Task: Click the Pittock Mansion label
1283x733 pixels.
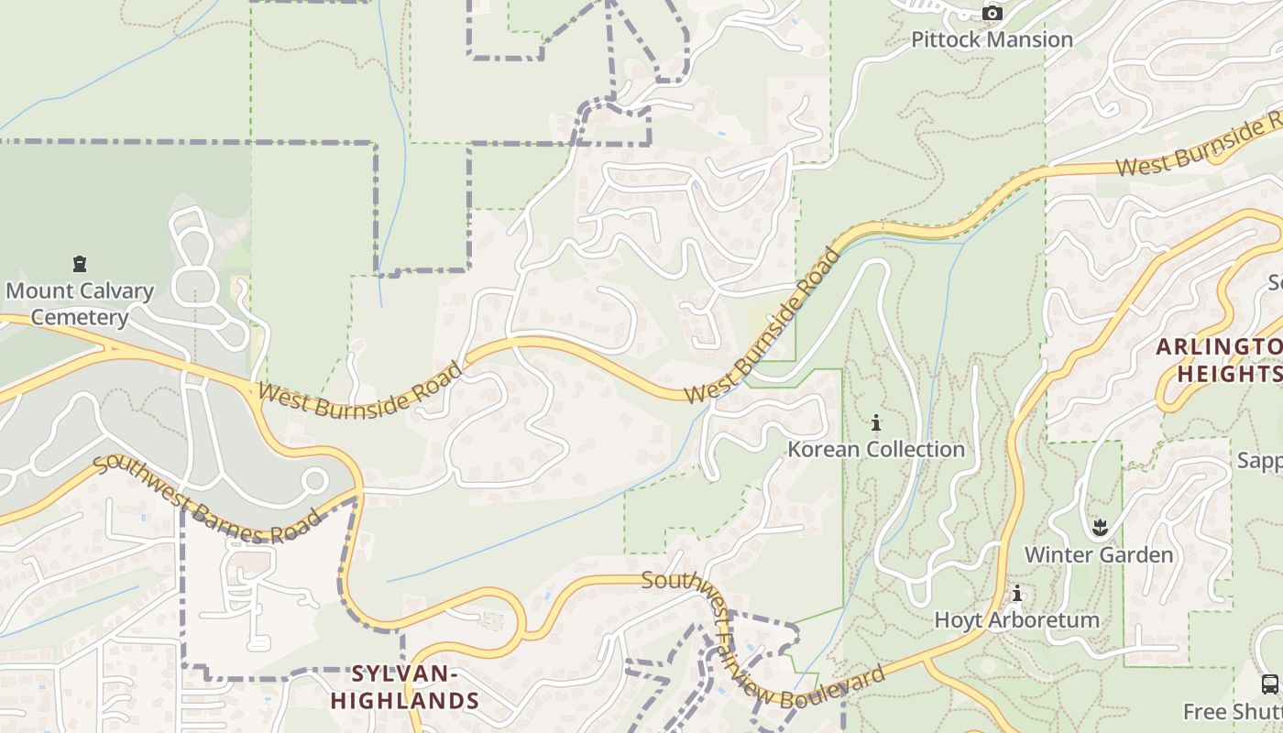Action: (992, 39)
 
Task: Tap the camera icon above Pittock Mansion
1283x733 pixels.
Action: (992, 13)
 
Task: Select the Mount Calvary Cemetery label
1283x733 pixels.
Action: (80, 304)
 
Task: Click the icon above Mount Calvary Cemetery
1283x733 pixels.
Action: (80, 264)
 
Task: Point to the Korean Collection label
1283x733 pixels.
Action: (876, 449)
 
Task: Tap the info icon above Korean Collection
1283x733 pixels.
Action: (876, 422)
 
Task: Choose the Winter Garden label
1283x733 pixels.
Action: (1098, 554)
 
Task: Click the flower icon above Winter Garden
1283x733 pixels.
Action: (1100, 527)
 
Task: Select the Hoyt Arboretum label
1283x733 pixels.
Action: (1016, 619)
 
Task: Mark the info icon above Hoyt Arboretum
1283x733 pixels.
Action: (1016, 594)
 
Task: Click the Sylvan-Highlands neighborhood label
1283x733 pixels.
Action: (404, 687)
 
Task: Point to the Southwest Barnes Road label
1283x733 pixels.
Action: (208, 500)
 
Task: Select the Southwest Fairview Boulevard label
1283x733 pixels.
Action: (762, 641)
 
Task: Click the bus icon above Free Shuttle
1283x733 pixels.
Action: (1270, 684)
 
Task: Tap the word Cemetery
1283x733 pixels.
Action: (80, 317)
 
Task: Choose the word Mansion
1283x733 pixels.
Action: (1033, 39)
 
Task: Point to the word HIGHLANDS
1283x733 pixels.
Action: (404, 701)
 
